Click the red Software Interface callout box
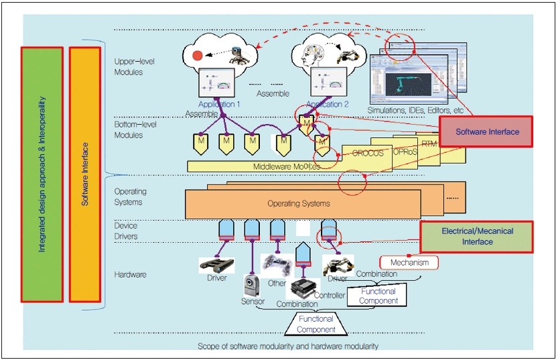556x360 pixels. click(486, 132)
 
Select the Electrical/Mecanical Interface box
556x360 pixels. click(476, 237)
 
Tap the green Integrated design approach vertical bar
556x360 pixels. click(42, 174)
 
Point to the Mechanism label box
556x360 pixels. click(409, 262)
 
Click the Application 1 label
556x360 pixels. click(219, 105)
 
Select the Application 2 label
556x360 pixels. click(328, 105)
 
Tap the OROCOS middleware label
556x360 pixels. click(368, 154)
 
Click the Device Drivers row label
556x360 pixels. click(126, 231)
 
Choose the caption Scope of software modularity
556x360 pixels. click(288, 347)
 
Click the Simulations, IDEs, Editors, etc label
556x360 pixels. click(415, 110)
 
